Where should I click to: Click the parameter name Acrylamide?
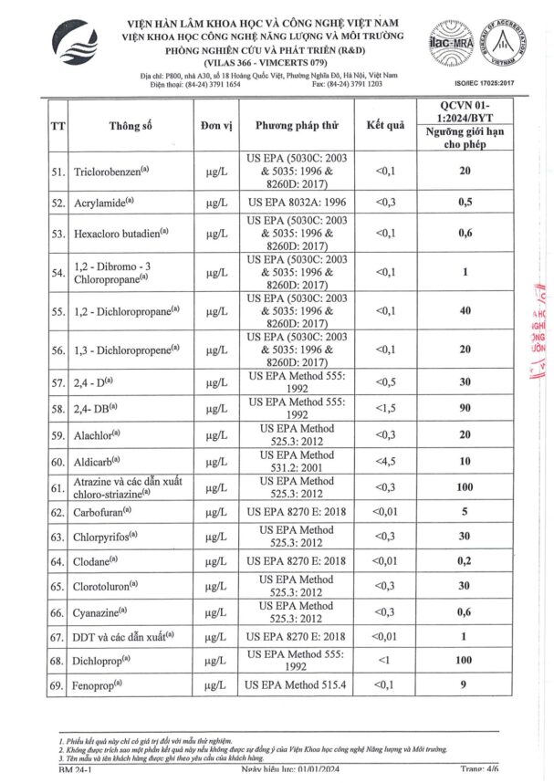102,203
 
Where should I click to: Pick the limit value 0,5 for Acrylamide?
465,202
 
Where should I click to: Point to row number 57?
58,382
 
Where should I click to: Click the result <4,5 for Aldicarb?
385,462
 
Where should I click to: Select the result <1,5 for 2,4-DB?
385,408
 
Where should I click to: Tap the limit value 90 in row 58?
465,408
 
